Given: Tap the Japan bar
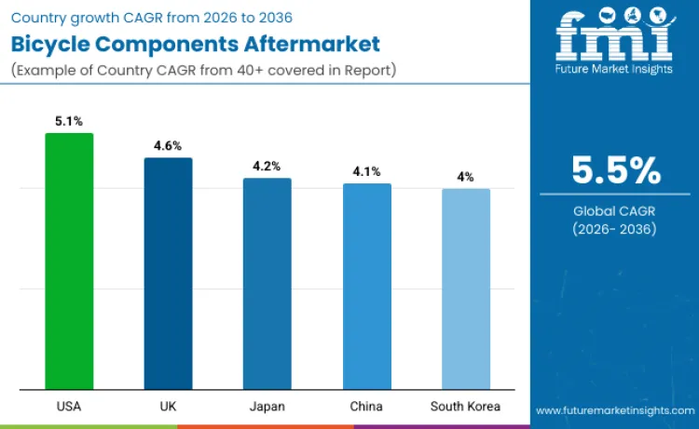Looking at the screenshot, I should [x=267, y=283].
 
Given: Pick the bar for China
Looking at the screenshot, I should [x=366, y=286].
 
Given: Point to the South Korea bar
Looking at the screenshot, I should [x=465, y=288].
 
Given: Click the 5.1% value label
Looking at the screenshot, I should [x=69, y=121].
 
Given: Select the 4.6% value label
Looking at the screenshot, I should [x=168, y=146].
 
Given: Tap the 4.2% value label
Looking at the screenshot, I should [x=267, y=167].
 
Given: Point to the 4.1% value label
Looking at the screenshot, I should [x=366, y=171].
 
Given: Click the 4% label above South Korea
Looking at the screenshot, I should [x=465, y=177].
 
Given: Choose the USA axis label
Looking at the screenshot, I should [x=69, y=407].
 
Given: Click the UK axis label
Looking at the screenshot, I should [x=168, y=407].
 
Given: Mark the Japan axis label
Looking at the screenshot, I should [x=267, y=407].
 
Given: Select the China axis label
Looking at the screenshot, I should [x=366, y=407].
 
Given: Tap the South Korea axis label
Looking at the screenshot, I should [x=465, y=407].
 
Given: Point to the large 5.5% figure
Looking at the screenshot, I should [x=616, y=171].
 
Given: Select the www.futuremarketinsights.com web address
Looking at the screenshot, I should [x=614, y=410].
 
